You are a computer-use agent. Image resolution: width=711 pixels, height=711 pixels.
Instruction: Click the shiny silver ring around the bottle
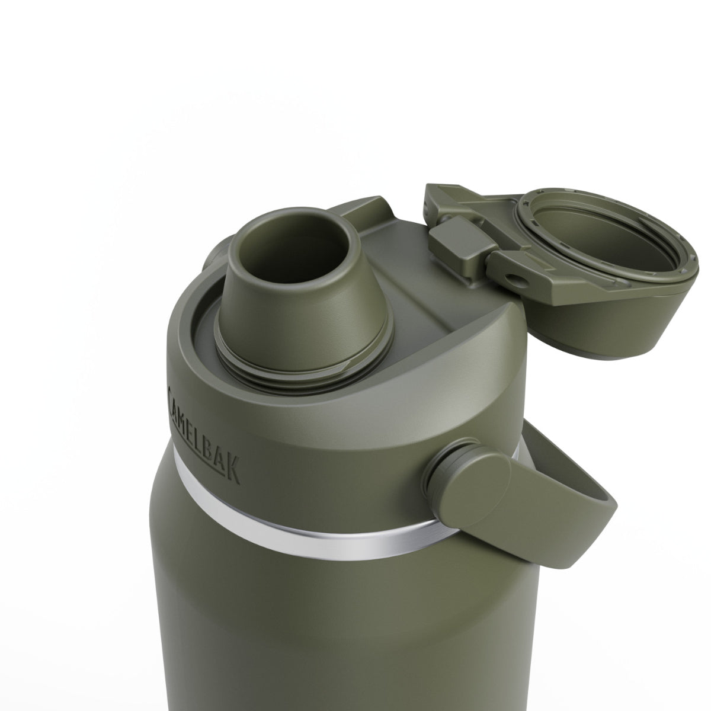tap(308, 542)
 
